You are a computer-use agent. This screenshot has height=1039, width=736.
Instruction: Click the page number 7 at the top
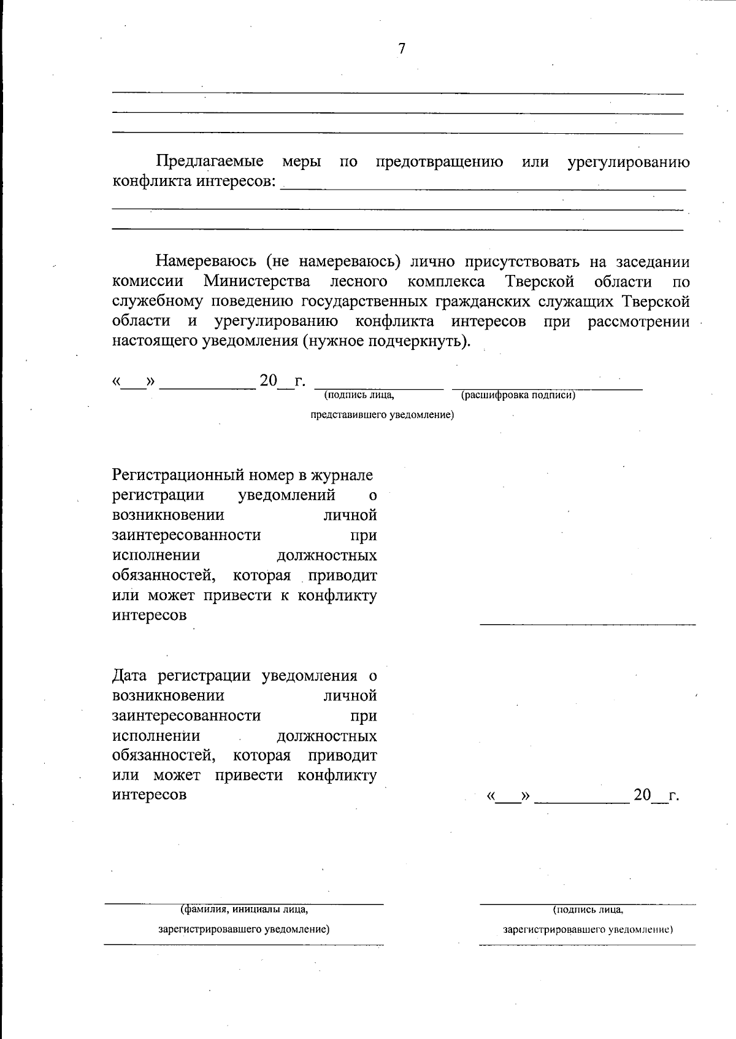click(x=402, y=49)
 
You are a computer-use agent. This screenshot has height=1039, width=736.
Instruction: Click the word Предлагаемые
click(x=210, y=162)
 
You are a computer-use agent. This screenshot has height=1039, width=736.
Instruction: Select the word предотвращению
click(x=439, y=162)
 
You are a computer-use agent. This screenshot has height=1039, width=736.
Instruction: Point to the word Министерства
click(x=257, y=282)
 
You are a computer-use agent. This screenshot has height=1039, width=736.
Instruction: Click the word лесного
click(x=359, y=282)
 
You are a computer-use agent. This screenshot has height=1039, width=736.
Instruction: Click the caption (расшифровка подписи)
click(x=518, y=395)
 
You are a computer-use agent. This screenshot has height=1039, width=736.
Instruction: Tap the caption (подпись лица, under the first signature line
click(x=359, y=395)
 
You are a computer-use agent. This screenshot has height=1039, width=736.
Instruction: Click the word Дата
click(x=131, y=676)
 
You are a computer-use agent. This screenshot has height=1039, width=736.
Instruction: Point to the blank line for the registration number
click(x=588, y=624)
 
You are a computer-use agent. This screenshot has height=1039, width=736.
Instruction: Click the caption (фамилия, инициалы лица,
click(x=244, y=910)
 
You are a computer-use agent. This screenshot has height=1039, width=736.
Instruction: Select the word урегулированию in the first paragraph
click(x=628, y=162)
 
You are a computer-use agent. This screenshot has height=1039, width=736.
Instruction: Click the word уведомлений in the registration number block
click(x=286, y=495)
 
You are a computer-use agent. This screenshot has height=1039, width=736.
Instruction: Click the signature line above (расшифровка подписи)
click(x=547, y=388)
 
